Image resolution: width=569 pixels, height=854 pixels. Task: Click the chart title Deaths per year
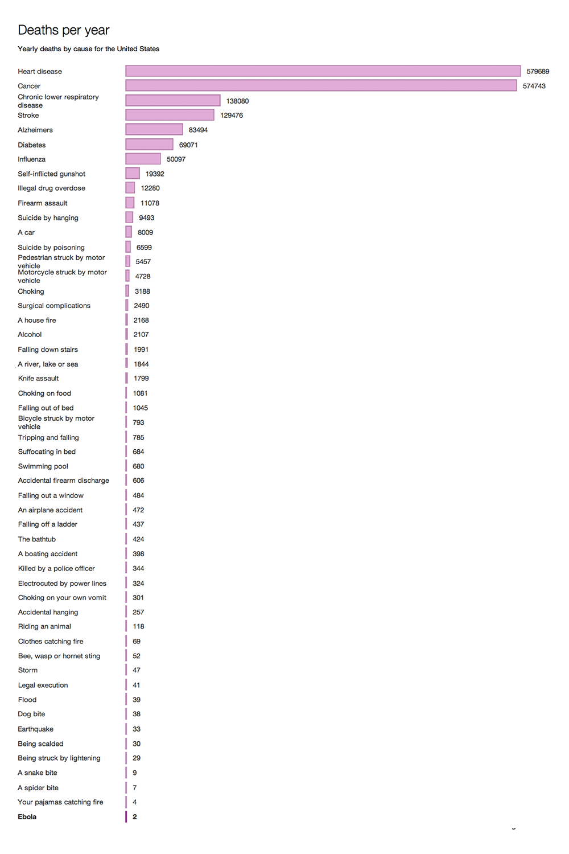[x=63, y=30]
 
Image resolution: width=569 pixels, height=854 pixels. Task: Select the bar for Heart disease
[x=323, y=71]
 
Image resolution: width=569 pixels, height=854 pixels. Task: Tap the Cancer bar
[x=321, y=86]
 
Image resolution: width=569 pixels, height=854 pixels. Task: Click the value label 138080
[x=237, y=101]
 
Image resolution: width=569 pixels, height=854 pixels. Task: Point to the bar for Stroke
[x=170, y=115]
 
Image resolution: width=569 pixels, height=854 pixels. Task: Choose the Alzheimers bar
[x=154, y=130]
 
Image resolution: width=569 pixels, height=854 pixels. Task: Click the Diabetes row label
[x=32, y=145]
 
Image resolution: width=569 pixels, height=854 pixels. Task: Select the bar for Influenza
[x=143, y=159]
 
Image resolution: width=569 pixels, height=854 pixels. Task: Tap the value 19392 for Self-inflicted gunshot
[x=155, y=174]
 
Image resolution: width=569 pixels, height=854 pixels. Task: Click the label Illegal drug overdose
[x=52, y=188]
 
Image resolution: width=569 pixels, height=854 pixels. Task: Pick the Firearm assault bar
[x=130, y=203]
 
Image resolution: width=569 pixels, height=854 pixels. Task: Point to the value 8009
[x=145, y=232]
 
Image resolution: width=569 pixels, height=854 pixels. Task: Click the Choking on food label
[x=44, y=393]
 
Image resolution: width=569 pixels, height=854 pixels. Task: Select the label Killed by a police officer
[x=56, y=569]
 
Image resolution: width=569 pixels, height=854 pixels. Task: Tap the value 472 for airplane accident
[x=138, y=510]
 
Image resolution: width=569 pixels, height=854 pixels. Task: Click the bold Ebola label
[x=27, y=817]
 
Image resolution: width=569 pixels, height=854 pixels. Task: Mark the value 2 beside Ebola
[x=135, y=817]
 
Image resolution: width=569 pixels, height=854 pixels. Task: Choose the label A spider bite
[x=38, y=788]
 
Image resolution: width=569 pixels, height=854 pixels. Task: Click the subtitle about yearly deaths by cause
[x=89, y=49]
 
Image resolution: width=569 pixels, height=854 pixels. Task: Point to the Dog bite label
[x=31, y=714]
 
